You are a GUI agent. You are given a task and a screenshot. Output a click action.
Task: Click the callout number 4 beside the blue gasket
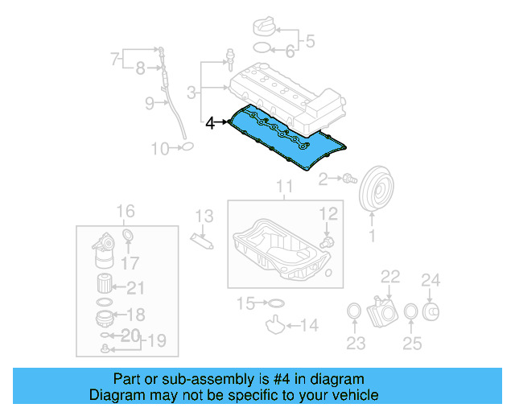coord(210,123)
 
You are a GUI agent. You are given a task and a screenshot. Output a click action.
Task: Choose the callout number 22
coord(390,278)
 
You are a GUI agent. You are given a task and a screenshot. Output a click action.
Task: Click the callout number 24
coord(432,280)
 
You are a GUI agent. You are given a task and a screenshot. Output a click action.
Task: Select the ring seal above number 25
coord(410,312)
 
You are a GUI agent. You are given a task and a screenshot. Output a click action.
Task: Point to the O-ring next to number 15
coord(275,303)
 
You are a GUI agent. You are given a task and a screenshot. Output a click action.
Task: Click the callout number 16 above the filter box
coord(126,212)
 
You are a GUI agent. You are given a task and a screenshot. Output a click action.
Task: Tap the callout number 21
coord(135,289)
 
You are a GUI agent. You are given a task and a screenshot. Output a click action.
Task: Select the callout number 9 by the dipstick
coord(150,103)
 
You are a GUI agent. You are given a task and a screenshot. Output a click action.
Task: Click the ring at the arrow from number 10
coord(187,147)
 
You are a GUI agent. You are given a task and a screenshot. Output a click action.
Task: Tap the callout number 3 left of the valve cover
coord(192,93)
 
